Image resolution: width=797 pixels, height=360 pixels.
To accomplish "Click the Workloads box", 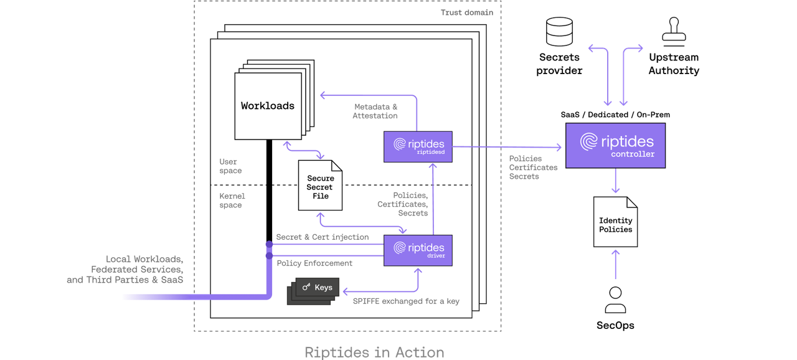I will point(268,106).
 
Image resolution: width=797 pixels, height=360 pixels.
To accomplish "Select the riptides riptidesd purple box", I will point(418,146).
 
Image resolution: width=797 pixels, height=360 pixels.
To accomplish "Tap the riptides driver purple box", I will point(418,250).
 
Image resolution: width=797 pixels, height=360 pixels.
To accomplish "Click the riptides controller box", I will point(615,144).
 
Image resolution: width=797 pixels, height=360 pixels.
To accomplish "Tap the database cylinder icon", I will point(559,31).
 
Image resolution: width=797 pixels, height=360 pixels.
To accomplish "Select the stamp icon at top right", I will point(674,29).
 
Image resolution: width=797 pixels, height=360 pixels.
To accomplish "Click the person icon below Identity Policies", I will point(615,300).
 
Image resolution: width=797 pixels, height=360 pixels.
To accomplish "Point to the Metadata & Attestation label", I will point(375,111).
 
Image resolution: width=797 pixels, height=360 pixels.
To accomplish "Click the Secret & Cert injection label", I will point(323,237).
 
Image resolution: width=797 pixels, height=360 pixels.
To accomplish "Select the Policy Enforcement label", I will point(314,263).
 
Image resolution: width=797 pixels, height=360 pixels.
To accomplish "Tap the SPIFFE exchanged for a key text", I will point(406,301).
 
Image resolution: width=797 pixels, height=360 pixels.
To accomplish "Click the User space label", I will point(230,166).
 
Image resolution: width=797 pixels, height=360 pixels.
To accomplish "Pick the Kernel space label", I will point(232,201).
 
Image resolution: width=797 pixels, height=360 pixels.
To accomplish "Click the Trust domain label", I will point(467,12).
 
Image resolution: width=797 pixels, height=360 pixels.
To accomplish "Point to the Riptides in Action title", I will point(374,352).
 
